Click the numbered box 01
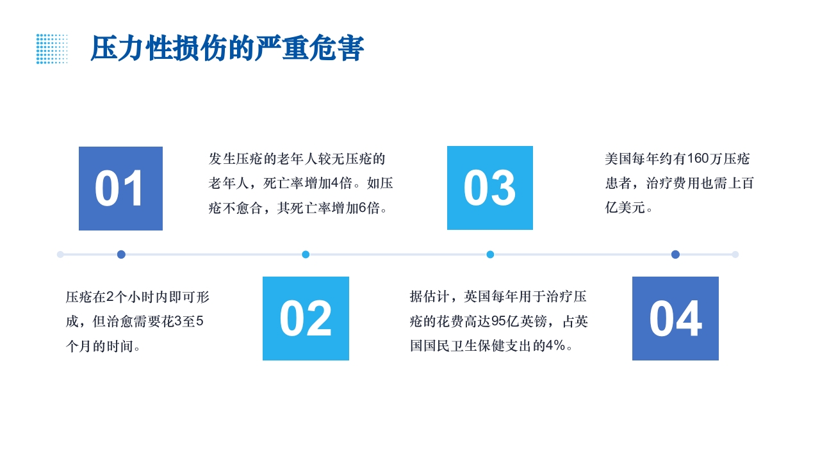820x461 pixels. tap(120, 188)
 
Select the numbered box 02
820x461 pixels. tap(306, 318)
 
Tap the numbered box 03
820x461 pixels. tap(489, 188)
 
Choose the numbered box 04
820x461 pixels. tap(675, 318)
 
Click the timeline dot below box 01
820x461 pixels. tap(121, 254)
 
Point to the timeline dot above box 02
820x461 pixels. tap(306, 254)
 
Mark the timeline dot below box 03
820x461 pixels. tap(490, 254)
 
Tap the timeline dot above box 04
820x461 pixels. tap(675, 254)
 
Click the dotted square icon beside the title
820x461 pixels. tap(52, 49)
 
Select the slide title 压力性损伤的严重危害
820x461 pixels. tap(227, 49)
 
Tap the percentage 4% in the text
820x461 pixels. tap(555, 346)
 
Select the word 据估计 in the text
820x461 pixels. tap(430, 296)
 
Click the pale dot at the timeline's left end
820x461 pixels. tap(60, 254)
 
